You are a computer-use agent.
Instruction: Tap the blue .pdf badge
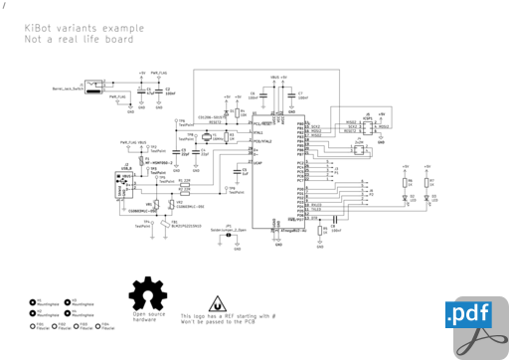coord(469,315)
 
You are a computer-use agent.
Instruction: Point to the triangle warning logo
coord(218,304)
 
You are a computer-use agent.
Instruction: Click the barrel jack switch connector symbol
coord(94,87)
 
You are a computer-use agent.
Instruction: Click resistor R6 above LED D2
coord(406,181)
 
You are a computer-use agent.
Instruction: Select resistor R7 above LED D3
coord(427,181)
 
